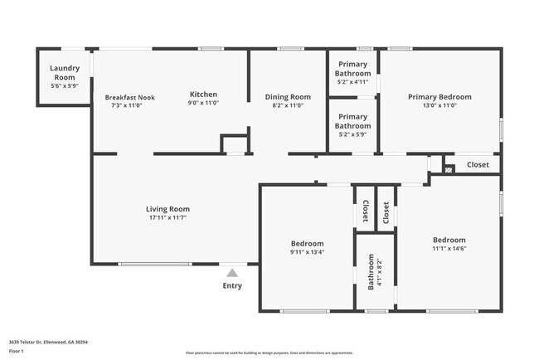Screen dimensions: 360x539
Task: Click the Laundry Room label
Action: click(x=64, y=72)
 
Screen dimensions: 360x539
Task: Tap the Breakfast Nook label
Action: click(x=129, y=97)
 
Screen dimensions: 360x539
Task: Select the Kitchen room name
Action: click(x=203, y=94)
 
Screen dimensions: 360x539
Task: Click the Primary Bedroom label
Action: click(x=439, y=97)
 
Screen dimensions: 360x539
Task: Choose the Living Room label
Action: click(x=168, y=209)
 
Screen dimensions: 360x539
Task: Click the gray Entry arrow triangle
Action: click(x=233, y=272)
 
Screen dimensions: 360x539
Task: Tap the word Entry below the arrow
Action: click(x=233, y=286)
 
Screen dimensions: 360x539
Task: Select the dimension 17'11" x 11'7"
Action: click(x=168, y=218)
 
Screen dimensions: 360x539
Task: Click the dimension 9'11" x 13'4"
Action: click(x=307, y=252)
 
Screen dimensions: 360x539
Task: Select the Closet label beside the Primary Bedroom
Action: click(x=478, y=165)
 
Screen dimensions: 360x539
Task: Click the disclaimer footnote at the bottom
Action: click(x=269, y=352)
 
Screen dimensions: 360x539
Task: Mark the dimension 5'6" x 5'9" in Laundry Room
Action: click(x=64, y=85)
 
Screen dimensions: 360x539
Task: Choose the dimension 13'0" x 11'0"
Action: click(x=439, y=105)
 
